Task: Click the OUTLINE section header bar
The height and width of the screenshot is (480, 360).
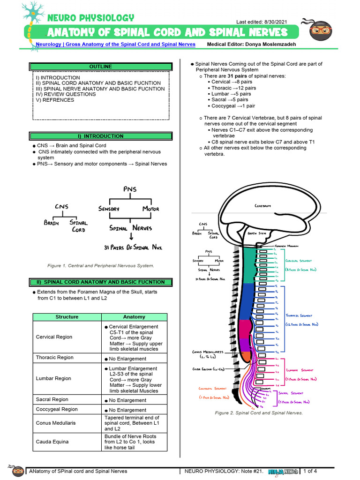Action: (101, 67)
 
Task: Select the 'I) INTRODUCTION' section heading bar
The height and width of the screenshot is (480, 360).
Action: (101, 136)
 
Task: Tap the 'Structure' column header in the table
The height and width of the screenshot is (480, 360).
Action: (67, 317)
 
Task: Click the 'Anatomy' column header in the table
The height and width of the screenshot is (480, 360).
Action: (134, 317)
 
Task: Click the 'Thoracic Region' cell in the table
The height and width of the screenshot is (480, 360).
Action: (54, 358)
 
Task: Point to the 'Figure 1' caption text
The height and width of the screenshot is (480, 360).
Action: (100, 266)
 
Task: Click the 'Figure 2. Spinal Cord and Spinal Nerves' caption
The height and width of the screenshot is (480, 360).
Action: (259, 413)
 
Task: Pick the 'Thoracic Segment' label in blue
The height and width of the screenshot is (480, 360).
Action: (299, 316)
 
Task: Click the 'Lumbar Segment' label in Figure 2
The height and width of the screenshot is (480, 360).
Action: (300, 370)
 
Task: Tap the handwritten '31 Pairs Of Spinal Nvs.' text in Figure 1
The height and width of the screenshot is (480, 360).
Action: (133, 247)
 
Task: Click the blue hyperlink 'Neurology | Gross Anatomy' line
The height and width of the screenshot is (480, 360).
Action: (116, 44)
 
